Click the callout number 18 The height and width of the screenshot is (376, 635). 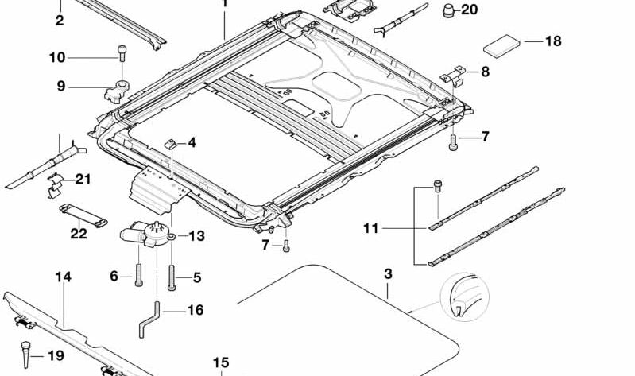tap(552, 41)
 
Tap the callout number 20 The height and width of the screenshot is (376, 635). tap(470, 10)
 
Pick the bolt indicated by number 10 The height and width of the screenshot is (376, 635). tap(122, 53)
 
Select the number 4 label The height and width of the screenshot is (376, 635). tap(192, 143)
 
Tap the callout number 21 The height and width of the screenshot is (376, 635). tap(83, 180)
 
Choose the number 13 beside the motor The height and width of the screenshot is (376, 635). tap(196, 235)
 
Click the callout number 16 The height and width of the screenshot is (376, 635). tap(196, 310)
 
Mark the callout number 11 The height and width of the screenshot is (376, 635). tap(370, 229)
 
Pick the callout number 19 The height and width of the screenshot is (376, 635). tap(55, 355)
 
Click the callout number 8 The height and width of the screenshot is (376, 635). tap(485, 72)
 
